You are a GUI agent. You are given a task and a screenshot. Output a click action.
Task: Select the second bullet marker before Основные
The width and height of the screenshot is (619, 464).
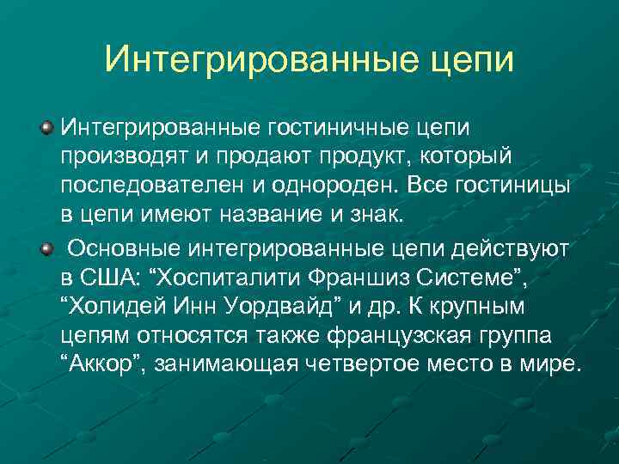(x=46, y=248)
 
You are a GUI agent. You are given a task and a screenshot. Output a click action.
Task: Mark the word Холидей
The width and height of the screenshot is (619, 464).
(x=118, y=308)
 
